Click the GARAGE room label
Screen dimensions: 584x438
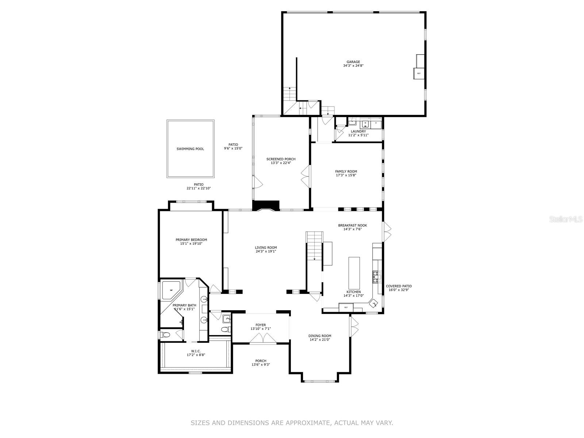coord(353,62)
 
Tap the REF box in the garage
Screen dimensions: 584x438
coord(419,73)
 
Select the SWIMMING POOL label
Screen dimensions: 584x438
coord(190,149)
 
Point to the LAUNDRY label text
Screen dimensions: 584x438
coord(358,131)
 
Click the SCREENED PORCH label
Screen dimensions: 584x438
coord(281,159)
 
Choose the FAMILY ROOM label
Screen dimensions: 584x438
coord(346,172)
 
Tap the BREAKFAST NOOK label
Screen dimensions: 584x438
coord(353,226)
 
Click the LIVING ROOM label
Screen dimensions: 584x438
coord(266,247)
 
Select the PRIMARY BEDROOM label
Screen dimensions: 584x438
coord(191,240)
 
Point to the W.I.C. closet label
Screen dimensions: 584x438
coord(196,351)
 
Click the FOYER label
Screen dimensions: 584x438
coord(261,325)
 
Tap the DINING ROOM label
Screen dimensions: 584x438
coord(319,336)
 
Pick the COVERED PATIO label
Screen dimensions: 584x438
coord(399,286)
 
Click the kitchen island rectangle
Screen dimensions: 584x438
coord(354,273)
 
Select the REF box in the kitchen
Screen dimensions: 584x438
coord(346,307)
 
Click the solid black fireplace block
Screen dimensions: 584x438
coord(265,205)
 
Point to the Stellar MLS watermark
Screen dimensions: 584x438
coord(565,219)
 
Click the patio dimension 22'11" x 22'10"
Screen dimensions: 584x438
coord(199,188)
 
